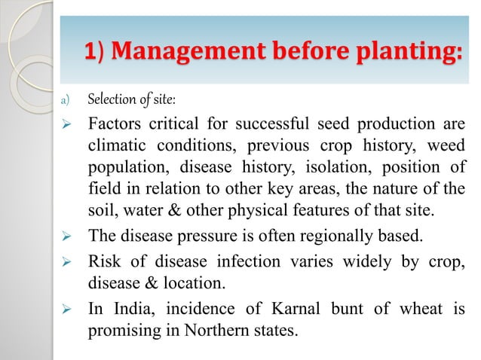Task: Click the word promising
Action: [124, 329]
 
